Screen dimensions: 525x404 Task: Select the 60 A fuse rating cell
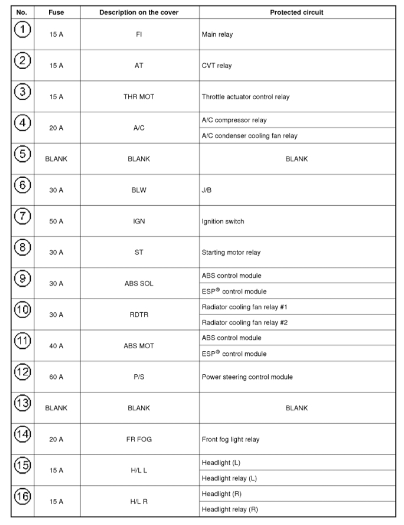click(57, 377)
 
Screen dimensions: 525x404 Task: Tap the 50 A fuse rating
click(57, 221)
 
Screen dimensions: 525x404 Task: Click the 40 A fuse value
click(57, 346)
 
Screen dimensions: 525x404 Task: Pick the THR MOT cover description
click(135, 97)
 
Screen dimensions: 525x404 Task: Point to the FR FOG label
click(135, 439)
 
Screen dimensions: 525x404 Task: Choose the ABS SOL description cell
click(135, 283)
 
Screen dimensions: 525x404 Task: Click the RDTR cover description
click(135, 315)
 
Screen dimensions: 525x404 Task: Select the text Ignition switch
click(222, 221)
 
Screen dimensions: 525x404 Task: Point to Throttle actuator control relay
click(245, 97)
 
